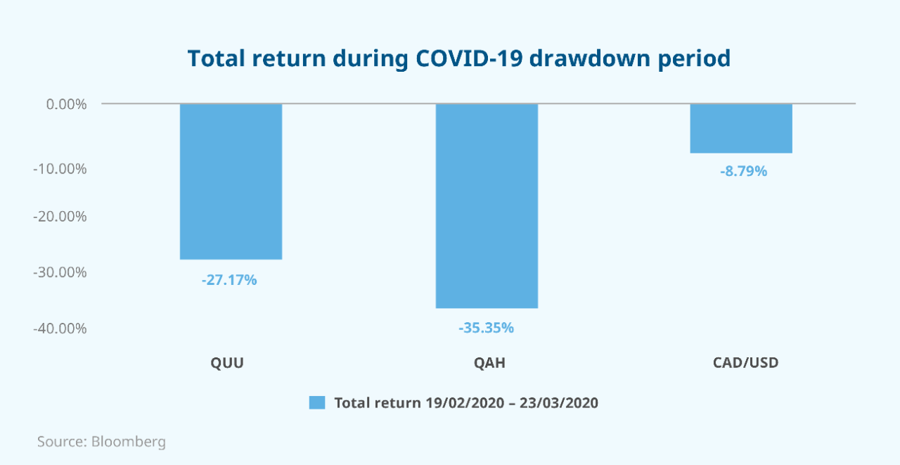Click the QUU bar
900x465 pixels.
[x=231, y=181]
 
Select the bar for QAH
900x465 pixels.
[x=487, y=206]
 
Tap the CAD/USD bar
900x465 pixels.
[x=741, y=129]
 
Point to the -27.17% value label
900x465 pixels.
[x=229, y=280]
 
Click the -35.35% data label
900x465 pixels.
[x=486, y=328]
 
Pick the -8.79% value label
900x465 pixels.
[x=743, y=171]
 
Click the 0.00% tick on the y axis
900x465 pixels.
[x=66, y=105]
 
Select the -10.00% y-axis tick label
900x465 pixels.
[x=60, y=169]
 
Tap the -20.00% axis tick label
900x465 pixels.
[x=60, y=217]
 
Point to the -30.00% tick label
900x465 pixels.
[x=60, y=272]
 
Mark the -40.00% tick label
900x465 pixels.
[x=60, y=329]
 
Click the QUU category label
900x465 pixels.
[x=227, y=363]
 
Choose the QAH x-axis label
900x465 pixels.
[x=489, y=363]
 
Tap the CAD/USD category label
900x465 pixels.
[x=746, y=362]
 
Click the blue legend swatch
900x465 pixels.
[x=317, y=402]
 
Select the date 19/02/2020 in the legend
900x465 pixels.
[x=465, y=402]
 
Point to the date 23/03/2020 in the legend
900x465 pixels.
[x=559, y=402]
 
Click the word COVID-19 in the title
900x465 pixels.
[x=469, y=58]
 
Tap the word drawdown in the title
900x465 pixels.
[x=590, y=58]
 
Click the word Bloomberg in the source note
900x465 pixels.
[x=129, y=442]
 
